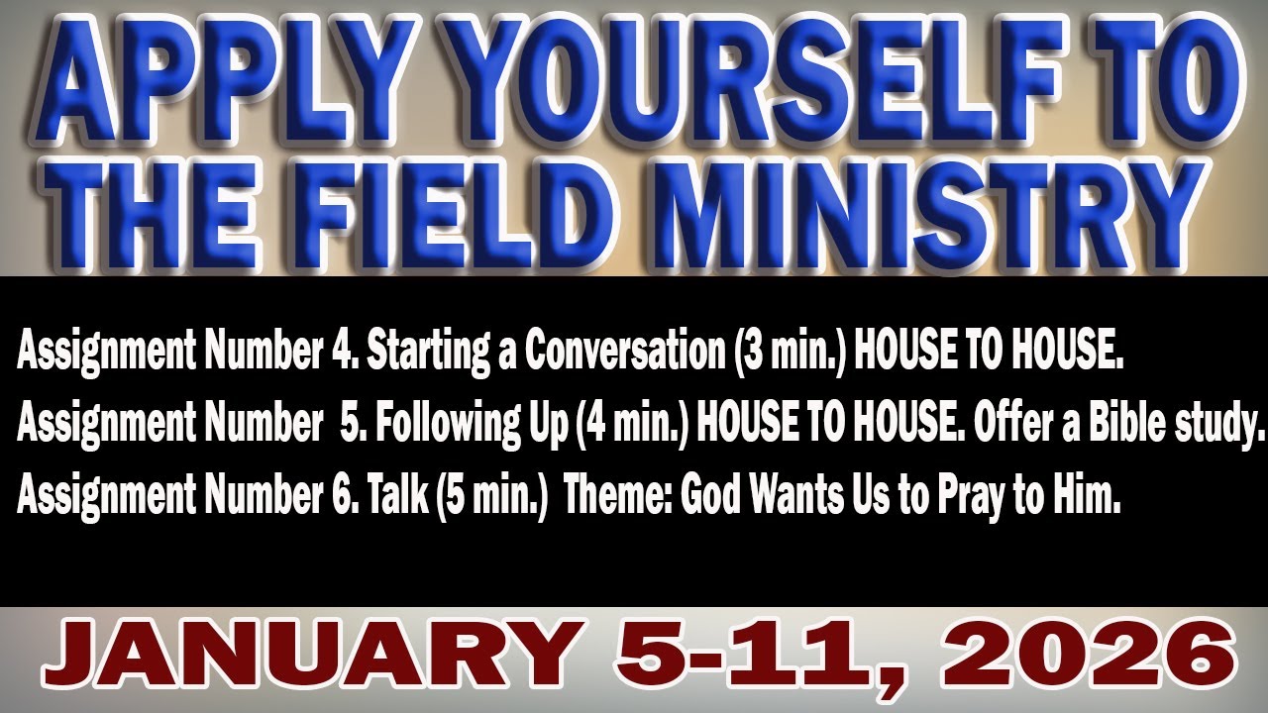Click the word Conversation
click(623, 353)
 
